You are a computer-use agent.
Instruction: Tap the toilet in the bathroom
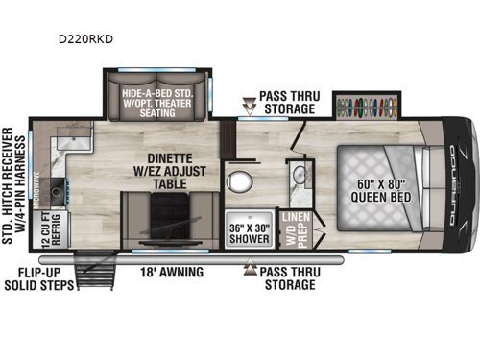(237, 181)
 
